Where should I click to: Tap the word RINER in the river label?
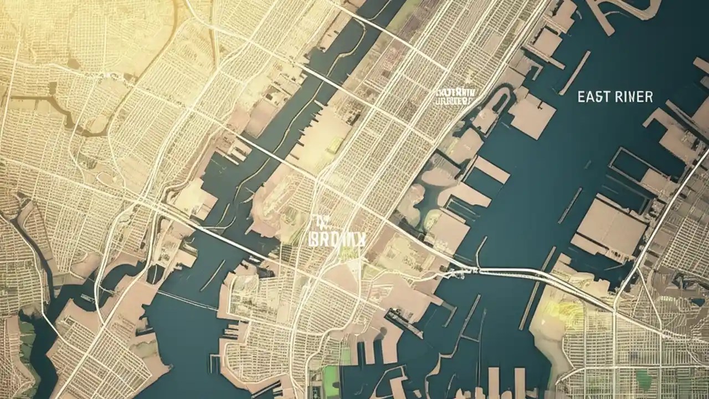pyautogui.click(x=634, y=97)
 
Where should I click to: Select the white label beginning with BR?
pyautogui.click(x=337, y=238)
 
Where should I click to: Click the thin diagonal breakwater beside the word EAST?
pyautogui.click(x=574, y=73)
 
